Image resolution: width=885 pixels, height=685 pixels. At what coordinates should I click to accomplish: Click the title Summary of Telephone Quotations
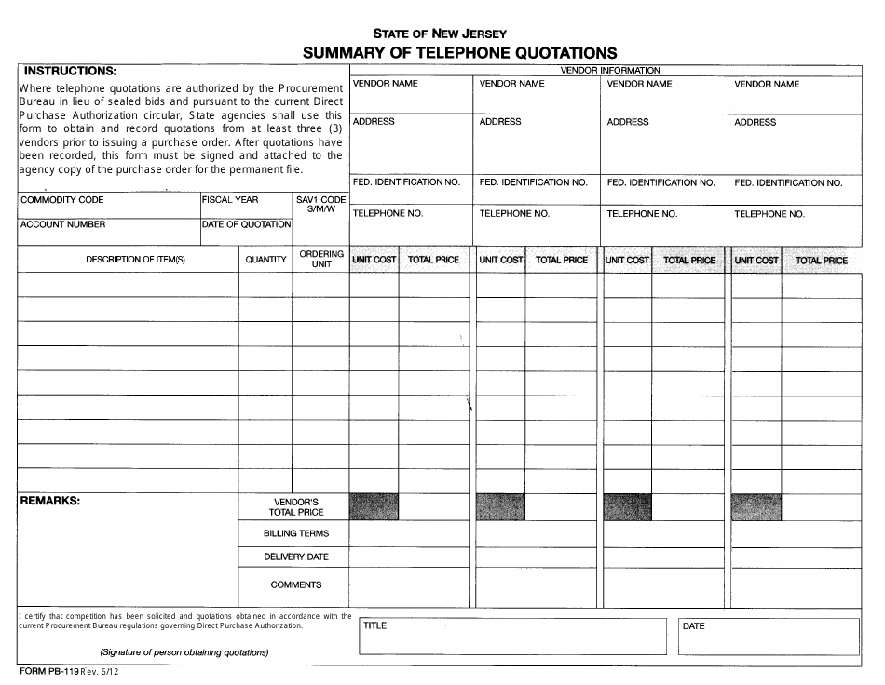pos(459,53)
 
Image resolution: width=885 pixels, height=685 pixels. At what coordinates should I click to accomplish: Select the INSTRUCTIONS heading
pos(70,71)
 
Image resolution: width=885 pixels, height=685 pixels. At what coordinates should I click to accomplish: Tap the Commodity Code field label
pos(62,200)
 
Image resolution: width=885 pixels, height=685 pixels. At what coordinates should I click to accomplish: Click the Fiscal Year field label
pos(230,200)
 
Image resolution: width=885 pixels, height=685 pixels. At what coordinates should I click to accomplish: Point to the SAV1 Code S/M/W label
pos(320,205)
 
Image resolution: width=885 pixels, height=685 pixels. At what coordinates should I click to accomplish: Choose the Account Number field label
pos(63,224)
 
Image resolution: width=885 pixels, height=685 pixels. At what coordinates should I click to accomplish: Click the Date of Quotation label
pos(247,224)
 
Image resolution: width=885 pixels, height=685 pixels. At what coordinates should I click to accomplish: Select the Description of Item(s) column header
pos(136,260)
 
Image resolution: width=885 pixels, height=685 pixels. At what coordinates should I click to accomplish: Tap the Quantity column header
pos(265,260)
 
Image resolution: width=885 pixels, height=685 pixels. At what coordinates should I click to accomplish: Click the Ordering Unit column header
pos(321,259)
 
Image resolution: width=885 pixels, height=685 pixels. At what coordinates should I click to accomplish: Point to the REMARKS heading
pos(50,501)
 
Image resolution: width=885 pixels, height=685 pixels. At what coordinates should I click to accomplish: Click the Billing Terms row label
pos(296,533)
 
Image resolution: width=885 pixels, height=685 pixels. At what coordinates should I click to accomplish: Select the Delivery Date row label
pos(296,557)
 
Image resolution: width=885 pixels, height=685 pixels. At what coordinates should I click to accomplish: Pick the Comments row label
pos(296,584)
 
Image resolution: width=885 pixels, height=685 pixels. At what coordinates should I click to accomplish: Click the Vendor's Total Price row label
pos(296,506)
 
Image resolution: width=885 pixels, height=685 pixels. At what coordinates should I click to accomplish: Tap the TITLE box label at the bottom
pos(374,625)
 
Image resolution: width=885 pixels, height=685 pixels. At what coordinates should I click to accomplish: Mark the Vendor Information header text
pos(609,71)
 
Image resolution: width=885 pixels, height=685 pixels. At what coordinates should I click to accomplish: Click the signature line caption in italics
pos(184,652)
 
